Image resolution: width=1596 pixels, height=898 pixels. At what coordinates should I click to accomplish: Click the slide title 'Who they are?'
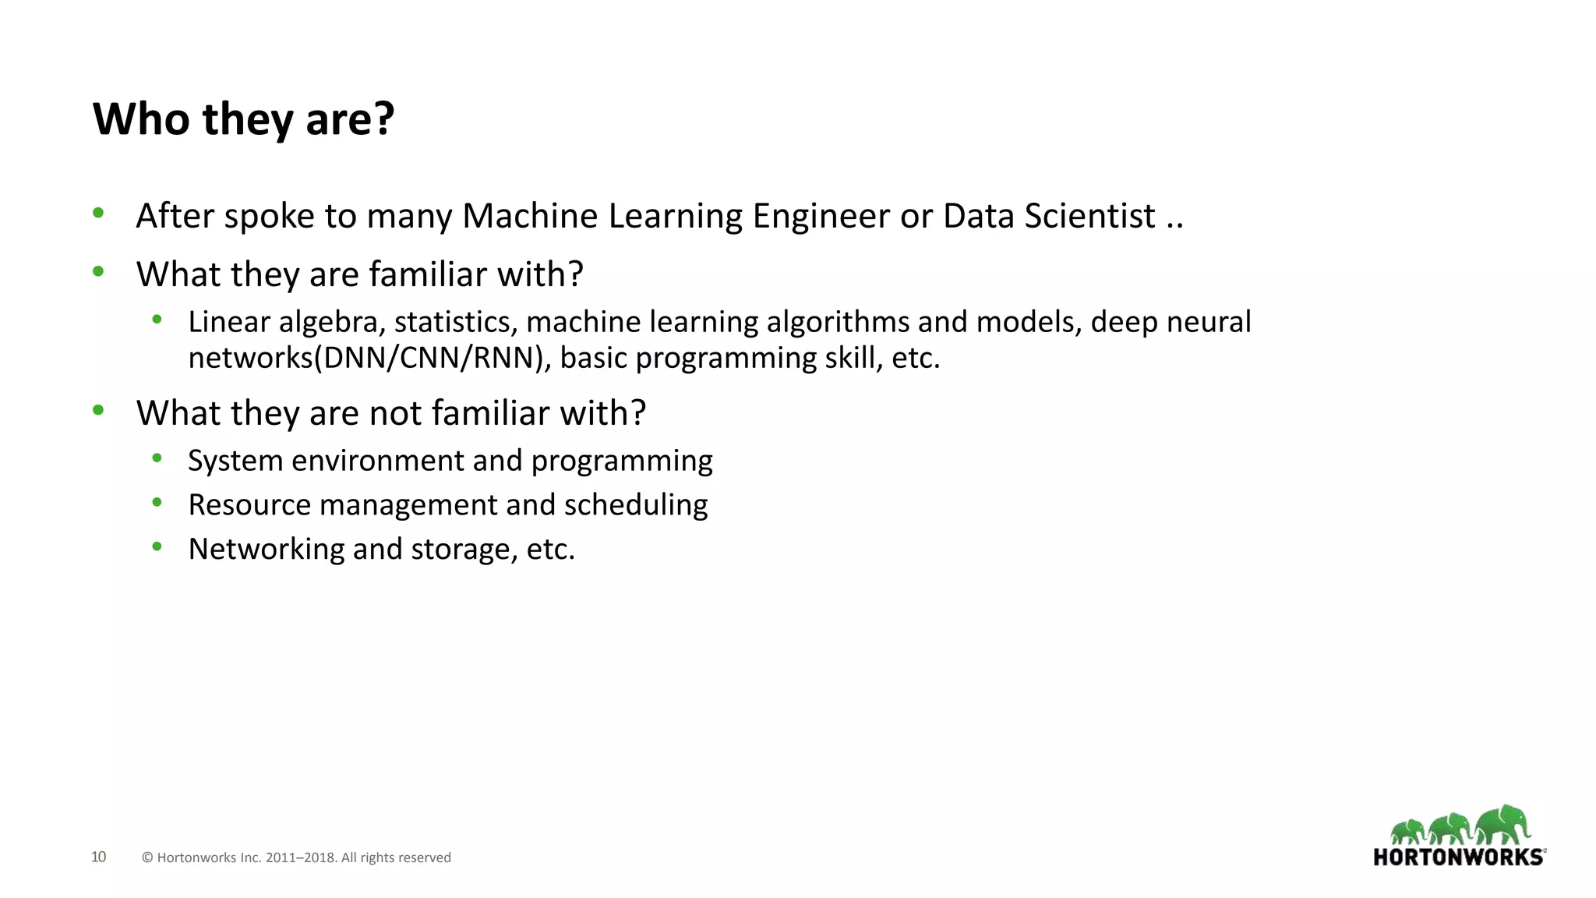point(243,119)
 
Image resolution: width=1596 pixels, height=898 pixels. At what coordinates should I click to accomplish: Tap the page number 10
point(98,857)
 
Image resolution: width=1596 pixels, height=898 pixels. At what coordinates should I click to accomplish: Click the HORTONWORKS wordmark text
point(1458,857)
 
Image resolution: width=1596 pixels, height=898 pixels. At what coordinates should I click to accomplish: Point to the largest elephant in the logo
point(1503,825)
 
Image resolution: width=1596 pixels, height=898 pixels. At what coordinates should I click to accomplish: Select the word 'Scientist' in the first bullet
point(1089,216)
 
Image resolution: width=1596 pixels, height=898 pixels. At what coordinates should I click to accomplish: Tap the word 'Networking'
point(266,550)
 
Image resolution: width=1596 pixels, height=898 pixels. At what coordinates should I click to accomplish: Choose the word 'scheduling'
point(636,505)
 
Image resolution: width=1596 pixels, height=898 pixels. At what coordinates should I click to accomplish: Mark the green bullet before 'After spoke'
point(98,212)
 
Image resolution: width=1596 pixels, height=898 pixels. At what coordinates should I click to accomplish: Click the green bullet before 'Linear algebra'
point(157,319)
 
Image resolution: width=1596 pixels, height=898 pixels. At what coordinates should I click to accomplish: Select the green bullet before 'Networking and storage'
point(157,546)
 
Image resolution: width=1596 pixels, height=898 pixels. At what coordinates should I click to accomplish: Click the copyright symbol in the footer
point(147,857)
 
